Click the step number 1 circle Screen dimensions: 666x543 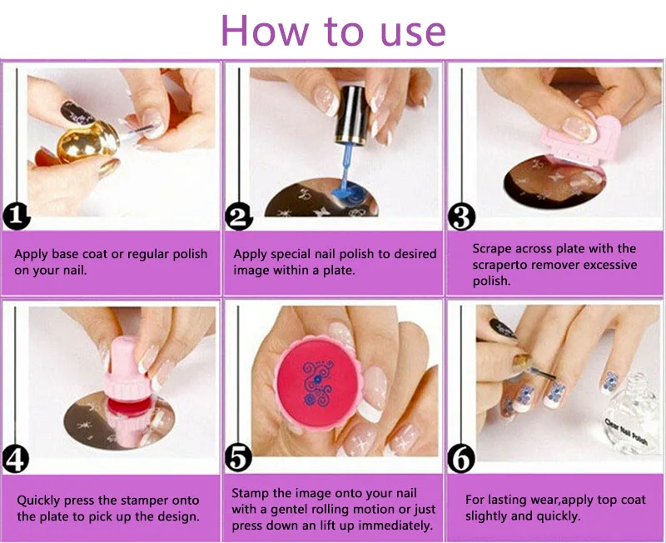coord(17,217)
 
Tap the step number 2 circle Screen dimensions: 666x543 coord(239,217)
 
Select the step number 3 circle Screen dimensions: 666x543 coord(462,217)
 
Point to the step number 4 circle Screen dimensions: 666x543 coord(16,459)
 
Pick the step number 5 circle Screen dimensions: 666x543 coord(238,458)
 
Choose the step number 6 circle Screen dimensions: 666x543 coord(461,458)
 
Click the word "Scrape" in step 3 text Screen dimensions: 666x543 coord(490,248)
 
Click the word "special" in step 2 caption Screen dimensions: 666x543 coord(291,254)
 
